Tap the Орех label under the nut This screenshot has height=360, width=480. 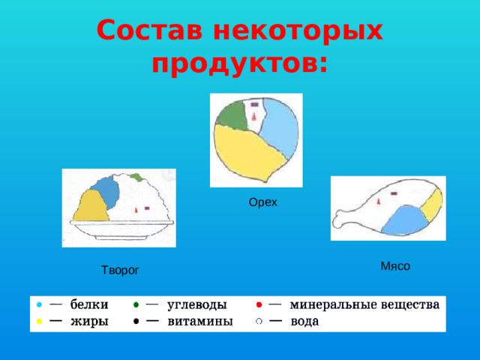tap(262, 202)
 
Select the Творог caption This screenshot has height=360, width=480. tap(121, 269)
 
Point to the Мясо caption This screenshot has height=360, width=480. tap(395, 265)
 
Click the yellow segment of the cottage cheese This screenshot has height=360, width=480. tap(94, 206)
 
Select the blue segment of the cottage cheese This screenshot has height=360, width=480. tap(106, 191)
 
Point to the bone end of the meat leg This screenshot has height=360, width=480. tap(340, 221)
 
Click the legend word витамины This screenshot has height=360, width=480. tap(199, 321)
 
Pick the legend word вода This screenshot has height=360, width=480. tap(304, 321)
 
